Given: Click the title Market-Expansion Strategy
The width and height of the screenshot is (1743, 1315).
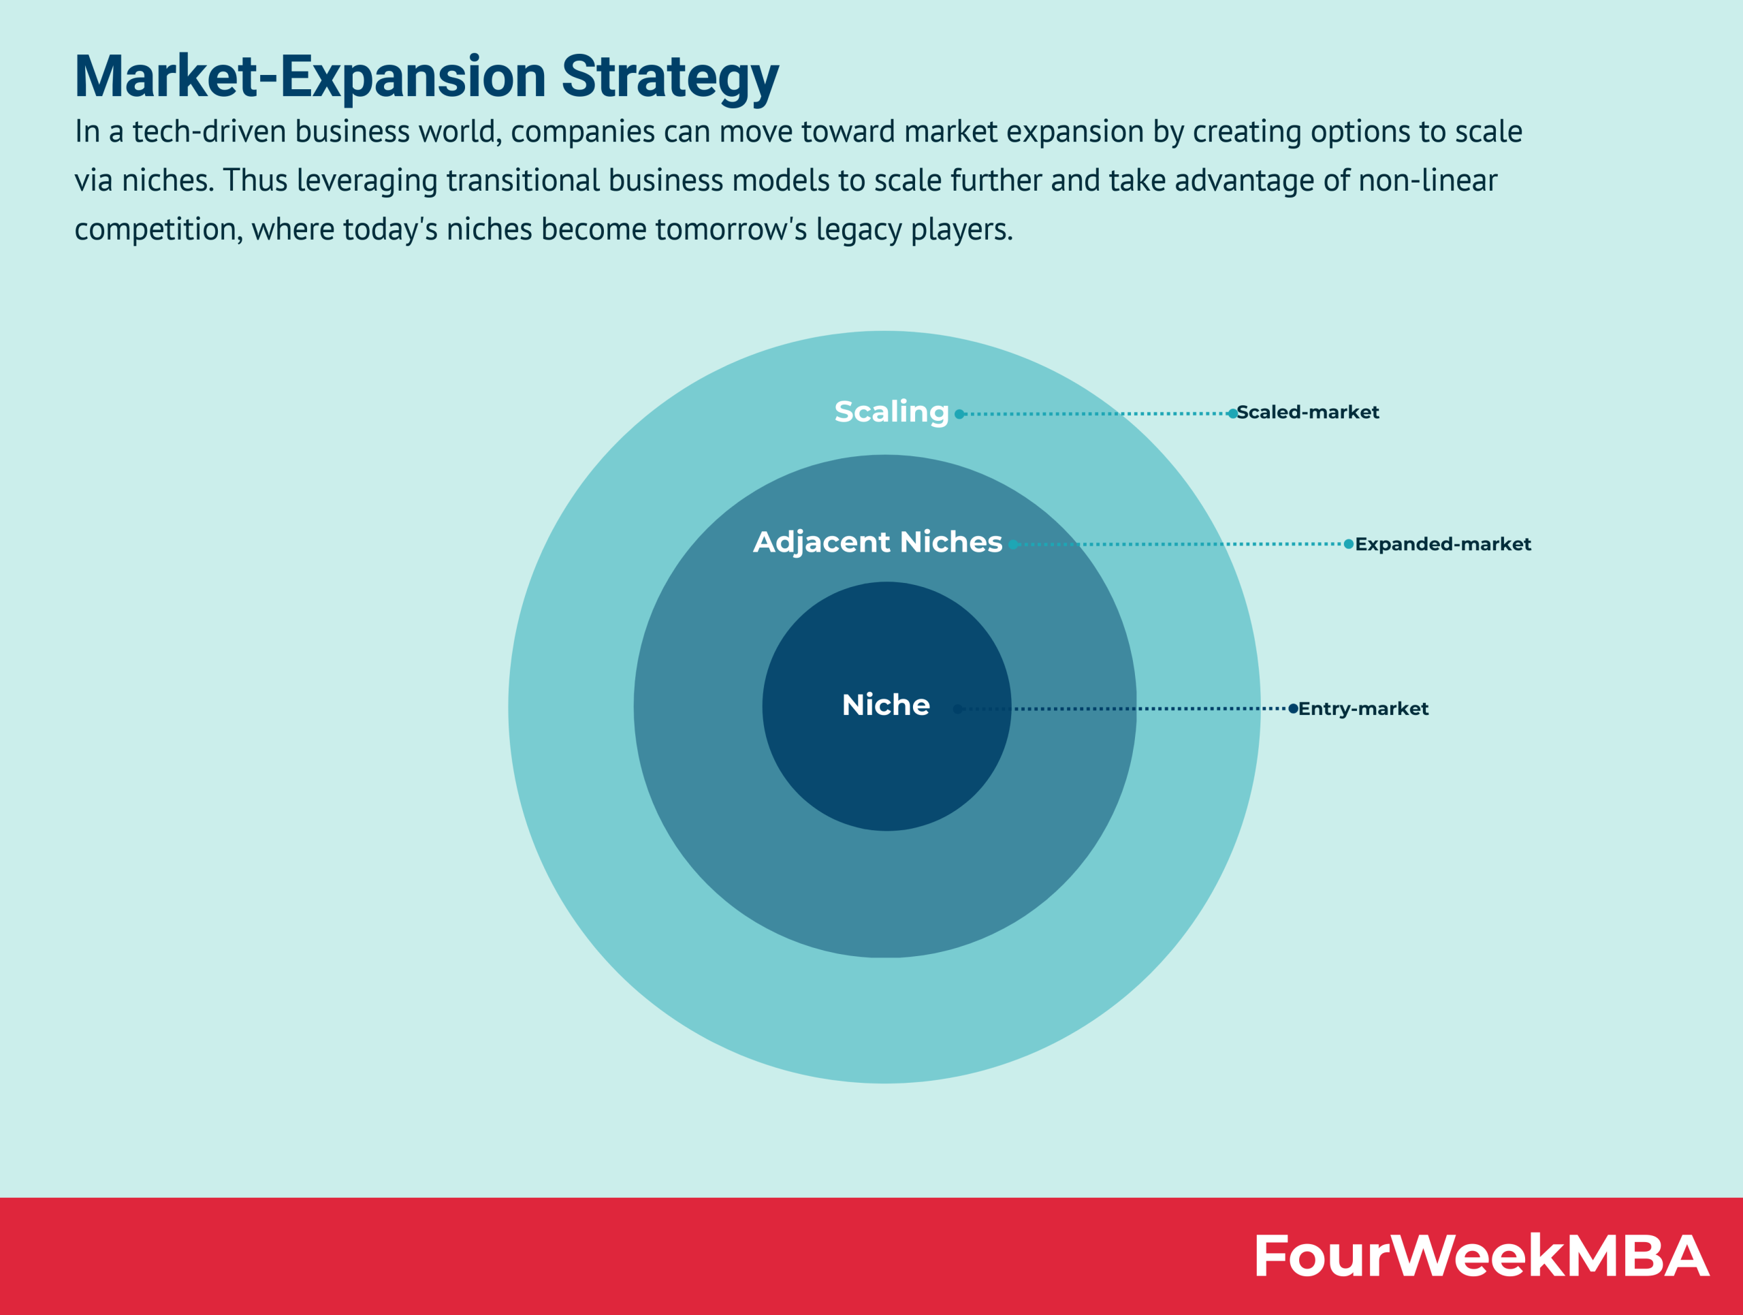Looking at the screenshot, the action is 426,77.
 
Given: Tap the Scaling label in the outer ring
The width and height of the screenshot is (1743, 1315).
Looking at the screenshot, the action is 891,412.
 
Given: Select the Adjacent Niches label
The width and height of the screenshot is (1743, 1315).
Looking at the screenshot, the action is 878,542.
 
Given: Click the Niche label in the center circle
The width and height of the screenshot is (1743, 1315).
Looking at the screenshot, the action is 886,704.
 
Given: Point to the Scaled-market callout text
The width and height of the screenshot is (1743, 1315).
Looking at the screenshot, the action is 1307,412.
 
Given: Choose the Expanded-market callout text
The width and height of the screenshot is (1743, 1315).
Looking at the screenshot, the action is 1443,543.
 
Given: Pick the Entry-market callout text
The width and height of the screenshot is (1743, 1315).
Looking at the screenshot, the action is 1363,708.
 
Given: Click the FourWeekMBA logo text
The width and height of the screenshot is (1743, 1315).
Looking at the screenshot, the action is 1481,1256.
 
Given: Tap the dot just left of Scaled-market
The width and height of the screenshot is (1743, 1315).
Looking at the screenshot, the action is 1232,413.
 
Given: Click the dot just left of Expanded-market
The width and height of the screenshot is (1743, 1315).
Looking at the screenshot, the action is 1349,543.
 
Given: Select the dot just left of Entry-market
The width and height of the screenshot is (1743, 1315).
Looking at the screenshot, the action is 1293,708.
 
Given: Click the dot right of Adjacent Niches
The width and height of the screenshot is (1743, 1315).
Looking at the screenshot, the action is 1013,543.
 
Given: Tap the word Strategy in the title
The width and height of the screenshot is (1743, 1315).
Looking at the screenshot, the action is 670,77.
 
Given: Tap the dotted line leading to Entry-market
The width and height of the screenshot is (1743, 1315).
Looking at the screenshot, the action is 1125,708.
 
